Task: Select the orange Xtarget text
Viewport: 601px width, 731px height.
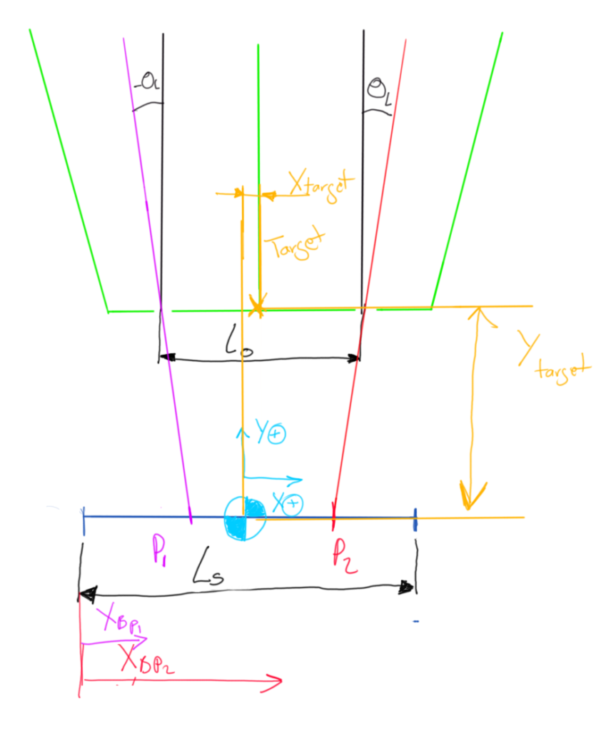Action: click(x=320, y=186)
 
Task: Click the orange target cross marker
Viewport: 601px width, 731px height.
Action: click(x=257, y=308)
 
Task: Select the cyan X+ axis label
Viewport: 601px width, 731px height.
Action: click(x=287, y=503)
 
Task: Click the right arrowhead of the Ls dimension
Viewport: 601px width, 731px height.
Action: click(x=407, y=586)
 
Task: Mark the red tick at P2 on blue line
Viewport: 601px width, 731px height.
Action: click(x=333, y=515)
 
